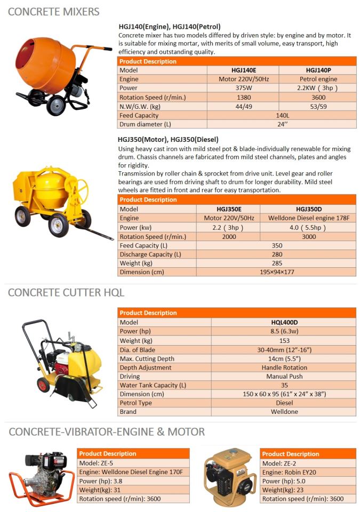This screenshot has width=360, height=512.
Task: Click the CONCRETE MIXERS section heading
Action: (53, 11)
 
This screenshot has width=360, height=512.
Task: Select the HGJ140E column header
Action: (243, 70)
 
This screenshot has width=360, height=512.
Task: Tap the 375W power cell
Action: (243, 89)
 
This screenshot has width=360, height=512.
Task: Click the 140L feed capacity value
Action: (282, 116)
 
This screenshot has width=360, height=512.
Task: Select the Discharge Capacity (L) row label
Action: (151, 254)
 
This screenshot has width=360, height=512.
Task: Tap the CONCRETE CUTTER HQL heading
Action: (66, 292)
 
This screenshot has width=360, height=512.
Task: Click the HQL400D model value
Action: (284, 322)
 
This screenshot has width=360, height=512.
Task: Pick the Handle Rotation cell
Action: (284, 367)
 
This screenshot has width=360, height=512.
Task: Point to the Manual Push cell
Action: (284, 377)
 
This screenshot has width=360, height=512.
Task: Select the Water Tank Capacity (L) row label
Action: (153, 385)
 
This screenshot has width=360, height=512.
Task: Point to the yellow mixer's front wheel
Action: (59, 225)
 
